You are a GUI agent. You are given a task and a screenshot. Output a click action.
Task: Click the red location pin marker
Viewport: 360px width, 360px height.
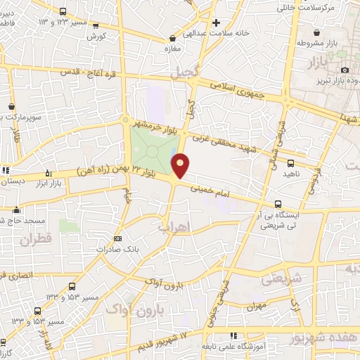(181, 165)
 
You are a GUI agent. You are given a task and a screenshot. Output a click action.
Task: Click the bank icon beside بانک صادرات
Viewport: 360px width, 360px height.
(117, 238)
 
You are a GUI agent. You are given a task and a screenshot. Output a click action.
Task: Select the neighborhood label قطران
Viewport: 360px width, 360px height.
(37, 240)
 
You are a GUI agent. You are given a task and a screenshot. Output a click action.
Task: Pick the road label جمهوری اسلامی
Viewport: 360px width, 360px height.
(238, 89)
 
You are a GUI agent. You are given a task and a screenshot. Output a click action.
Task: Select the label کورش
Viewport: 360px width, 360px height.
(97, 35)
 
